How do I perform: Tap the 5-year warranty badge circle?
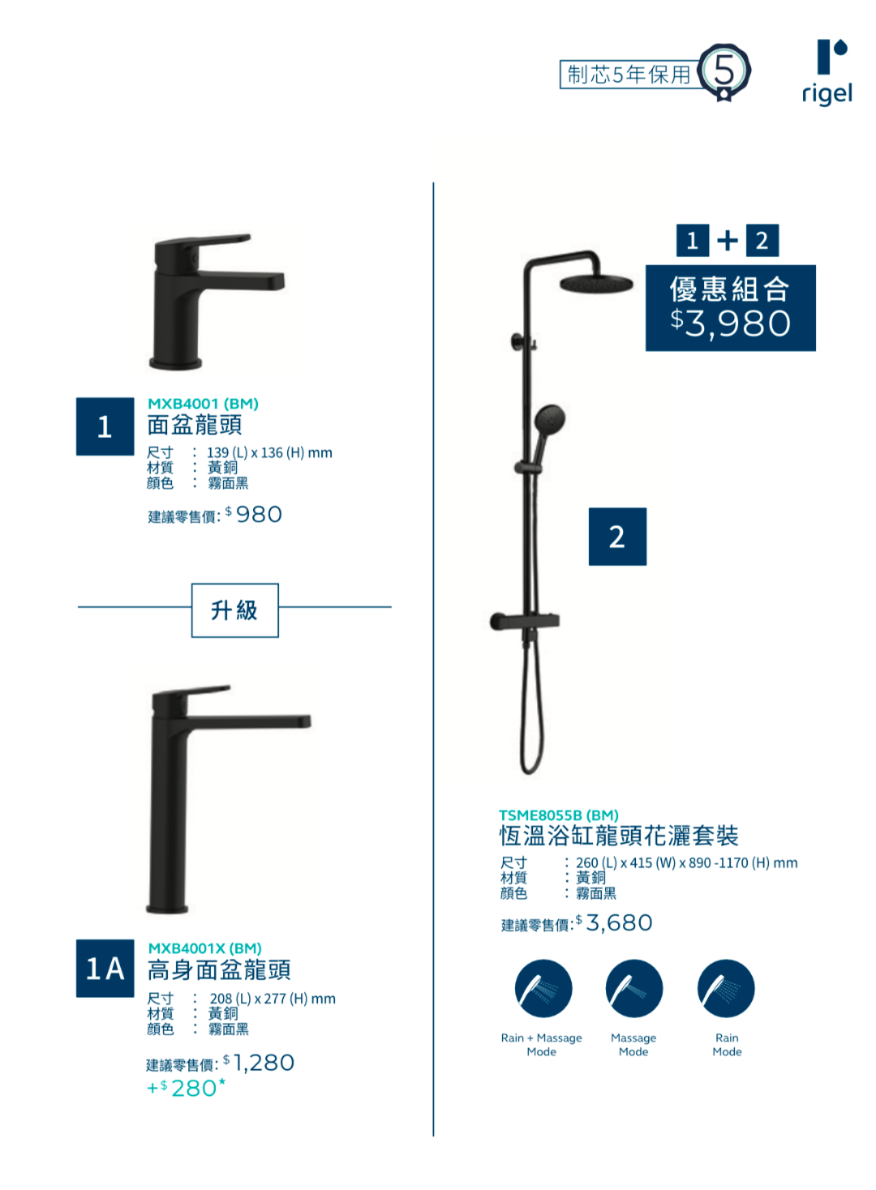point(724,71)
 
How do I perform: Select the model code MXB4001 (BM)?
point(203,404)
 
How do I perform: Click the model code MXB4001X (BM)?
point(204,948)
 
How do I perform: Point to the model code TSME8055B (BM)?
point(559,815)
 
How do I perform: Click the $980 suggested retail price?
point(254,514)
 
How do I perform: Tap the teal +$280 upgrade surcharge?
point(186,1088)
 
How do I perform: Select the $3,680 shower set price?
point(614,922)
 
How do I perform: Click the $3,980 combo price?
point(730,323)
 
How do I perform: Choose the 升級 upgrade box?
point(234,610)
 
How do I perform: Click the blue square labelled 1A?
point(105,968)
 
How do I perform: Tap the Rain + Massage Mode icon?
point(543,989)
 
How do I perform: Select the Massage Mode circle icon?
point(634,989)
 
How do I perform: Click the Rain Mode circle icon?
point(726,989)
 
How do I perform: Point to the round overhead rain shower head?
point(596,283)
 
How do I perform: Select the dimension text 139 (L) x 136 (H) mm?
point(269,452)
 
